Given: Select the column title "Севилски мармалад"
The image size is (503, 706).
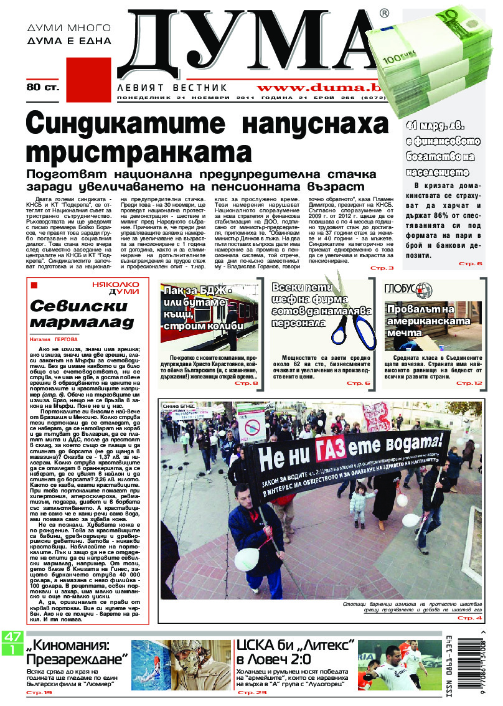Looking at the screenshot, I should [82, 314].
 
